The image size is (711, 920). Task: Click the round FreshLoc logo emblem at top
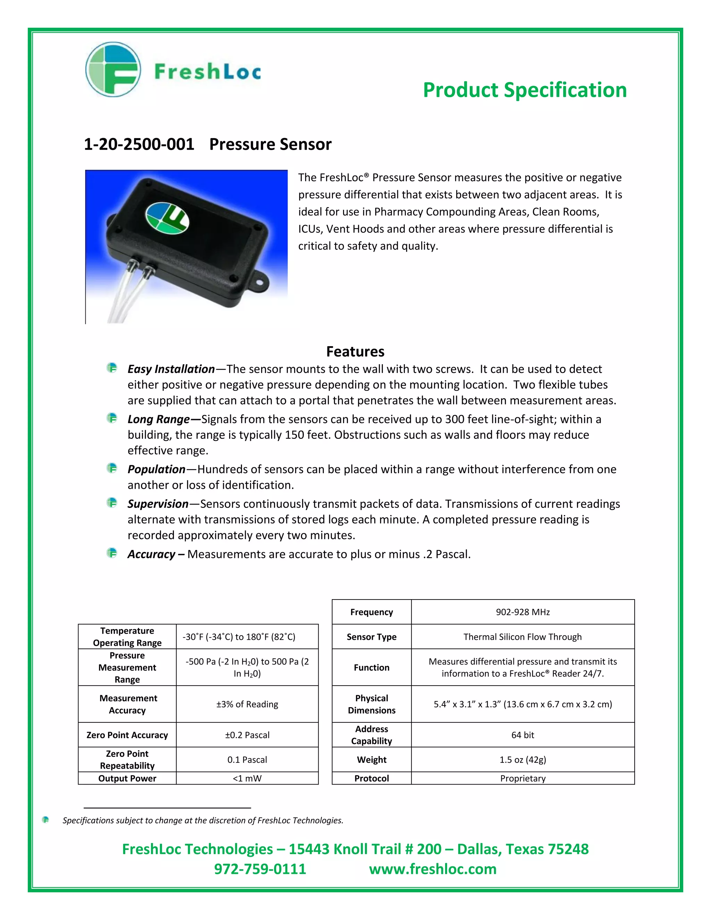113,69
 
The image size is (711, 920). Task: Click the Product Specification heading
525,90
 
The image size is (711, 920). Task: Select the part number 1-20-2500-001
139,144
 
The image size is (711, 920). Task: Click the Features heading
355,351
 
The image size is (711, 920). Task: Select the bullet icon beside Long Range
112,418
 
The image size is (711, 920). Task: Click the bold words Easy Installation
171,369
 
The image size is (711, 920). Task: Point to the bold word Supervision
158,504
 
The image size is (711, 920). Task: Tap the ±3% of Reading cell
247,704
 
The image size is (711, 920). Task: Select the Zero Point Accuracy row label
127,735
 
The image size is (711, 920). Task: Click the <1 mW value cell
247,778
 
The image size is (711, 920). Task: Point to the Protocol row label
371,778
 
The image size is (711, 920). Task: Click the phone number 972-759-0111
260,869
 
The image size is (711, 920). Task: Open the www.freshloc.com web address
433,869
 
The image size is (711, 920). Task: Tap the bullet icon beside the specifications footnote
45,820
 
